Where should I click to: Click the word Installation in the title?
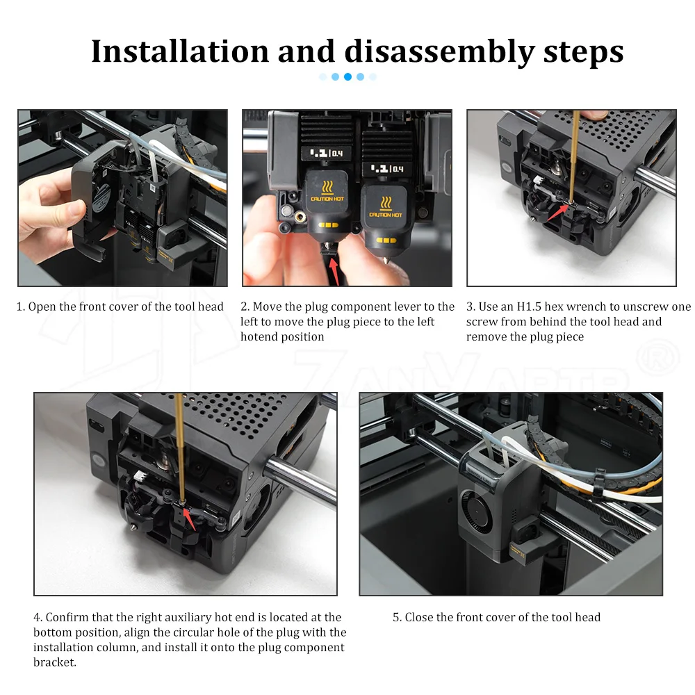click(180, 51)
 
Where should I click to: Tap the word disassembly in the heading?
click(439, 52)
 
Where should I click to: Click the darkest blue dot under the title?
click(348, 76)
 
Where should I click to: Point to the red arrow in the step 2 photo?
click(335, 270)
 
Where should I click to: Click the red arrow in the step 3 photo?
click(557, 212)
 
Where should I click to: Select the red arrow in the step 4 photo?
click(189, 519)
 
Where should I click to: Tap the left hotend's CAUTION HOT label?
click(327, 199)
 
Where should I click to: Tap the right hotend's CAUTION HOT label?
click(386, 215)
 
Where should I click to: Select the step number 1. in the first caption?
click(20, 306)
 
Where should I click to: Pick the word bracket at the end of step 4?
click(54, 662)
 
